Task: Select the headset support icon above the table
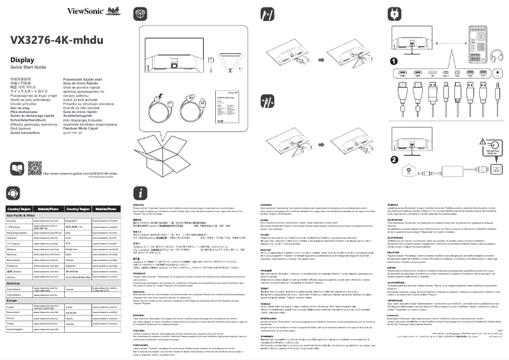point(15,193)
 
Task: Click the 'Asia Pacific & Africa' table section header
point(22,216)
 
